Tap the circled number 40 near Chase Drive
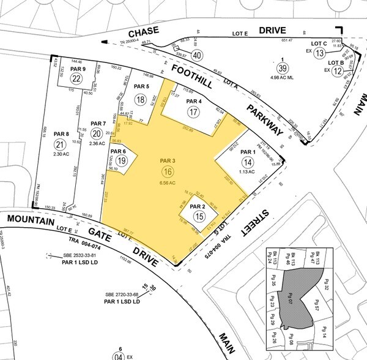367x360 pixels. pos(197,54)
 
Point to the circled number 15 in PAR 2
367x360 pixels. pos(199,216)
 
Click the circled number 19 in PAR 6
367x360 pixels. pos(121,160)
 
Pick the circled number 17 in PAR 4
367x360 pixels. pos(193,112)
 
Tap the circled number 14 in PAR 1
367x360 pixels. pos(247,162)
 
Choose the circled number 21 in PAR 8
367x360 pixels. pos(59,144)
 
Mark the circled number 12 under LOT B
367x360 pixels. pos(337,72)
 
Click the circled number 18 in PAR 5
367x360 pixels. pos(141,100)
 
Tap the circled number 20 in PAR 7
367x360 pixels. pos(97,134)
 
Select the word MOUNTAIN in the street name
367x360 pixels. pos(29,219)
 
